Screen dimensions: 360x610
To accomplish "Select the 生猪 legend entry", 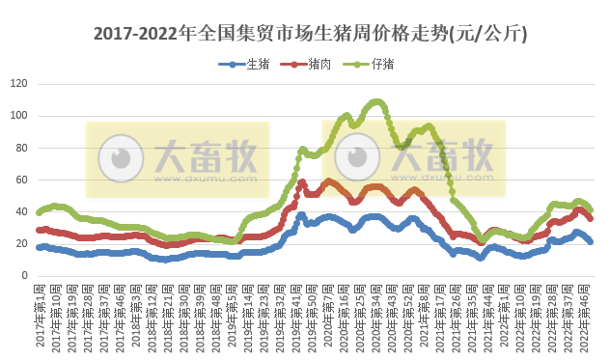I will tap(253, 65).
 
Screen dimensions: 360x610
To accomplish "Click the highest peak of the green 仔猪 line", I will tap(376, 101).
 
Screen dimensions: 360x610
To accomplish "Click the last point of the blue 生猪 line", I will tap(591, 241).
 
